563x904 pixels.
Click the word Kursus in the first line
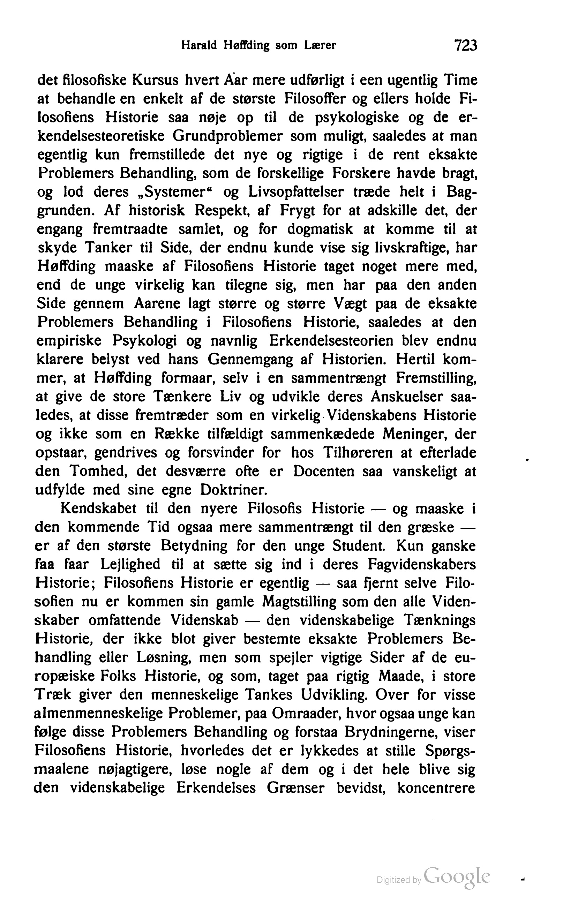tap(162, 81)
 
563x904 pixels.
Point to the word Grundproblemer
tap(227, 136)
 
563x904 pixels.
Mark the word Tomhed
tap(99, 472)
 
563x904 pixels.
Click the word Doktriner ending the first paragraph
tap(234, 490)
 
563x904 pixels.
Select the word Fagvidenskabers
tap(421, 564)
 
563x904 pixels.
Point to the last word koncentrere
tap(436, 788)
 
